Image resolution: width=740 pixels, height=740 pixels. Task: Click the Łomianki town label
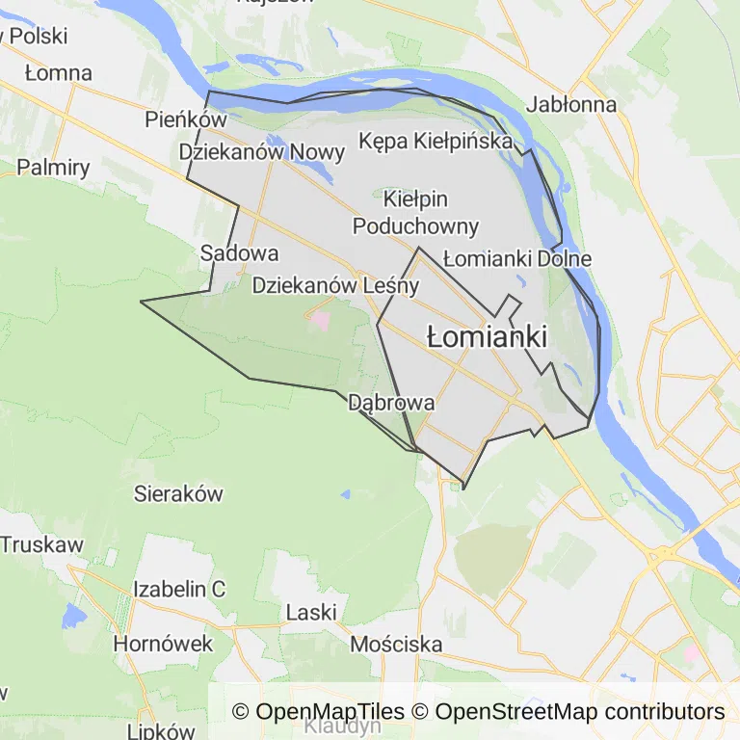(487, 337)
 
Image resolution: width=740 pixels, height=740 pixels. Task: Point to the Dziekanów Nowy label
(262, 152)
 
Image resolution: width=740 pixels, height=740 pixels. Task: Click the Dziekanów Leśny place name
(335, 286)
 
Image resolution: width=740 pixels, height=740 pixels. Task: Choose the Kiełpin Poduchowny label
(415, 213)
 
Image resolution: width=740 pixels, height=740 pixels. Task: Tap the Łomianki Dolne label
(517, 259)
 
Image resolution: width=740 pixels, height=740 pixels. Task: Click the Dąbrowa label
(391, 403)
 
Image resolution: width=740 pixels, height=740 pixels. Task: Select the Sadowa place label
(239, 253)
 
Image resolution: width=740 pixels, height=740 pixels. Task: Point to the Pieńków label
(185, 120)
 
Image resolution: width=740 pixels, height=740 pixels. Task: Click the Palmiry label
(53, 168)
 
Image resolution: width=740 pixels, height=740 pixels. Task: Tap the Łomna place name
(59, 73)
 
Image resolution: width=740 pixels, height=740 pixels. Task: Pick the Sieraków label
(178, 494)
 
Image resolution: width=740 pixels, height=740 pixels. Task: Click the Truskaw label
(41, 543)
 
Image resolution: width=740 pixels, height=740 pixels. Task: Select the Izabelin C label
(179, 589)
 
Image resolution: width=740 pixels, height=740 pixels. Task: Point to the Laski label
(311, 612)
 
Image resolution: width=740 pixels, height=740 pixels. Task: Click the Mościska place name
(396, 644)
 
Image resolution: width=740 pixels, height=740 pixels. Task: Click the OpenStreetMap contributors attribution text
(579, 712)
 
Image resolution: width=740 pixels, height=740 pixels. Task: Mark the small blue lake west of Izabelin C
(71, 614)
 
